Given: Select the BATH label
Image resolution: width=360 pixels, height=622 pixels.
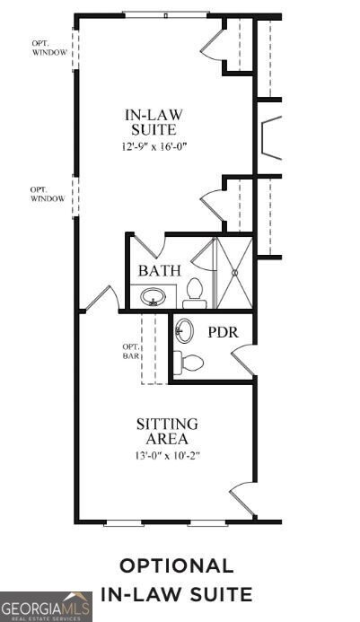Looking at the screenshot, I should [x=160, y=270].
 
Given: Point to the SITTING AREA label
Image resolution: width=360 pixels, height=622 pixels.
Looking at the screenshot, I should [x=167, y=431].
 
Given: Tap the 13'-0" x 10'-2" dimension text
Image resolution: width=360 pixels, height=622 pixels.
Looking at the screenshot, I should [x=167, y=455].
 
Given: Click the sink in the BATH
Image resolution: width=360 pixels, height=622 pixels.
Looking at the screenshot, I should [x=154, y=295].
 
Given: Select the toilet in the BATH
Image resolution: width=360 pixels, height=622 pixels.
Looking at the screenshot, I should [x=194, y=290].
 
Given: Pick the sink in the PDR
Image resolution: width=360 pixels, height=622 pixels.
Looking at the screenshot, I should [x=183, y=331].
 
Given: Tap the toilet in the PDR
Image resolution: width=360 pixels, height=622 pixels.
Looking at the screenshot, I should [x=189, y=363].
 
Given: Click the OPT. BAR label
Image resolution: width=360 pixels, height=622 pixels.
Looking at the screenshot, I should [x=131, y=351].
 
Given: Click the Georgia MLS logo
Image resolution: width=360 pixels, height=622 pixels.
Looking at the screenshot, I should [x=46, y=607].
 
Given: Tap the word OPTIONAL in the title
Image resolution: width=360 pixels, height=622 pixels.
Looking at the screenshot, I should [x=177, y=566].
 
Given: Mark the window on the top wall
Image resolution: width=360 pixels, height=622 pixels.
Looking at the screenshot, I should [x=165, y=14].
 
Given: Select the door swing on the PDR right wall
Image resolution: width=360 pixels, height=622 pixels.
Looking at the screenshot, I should [x=242, y=359].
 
